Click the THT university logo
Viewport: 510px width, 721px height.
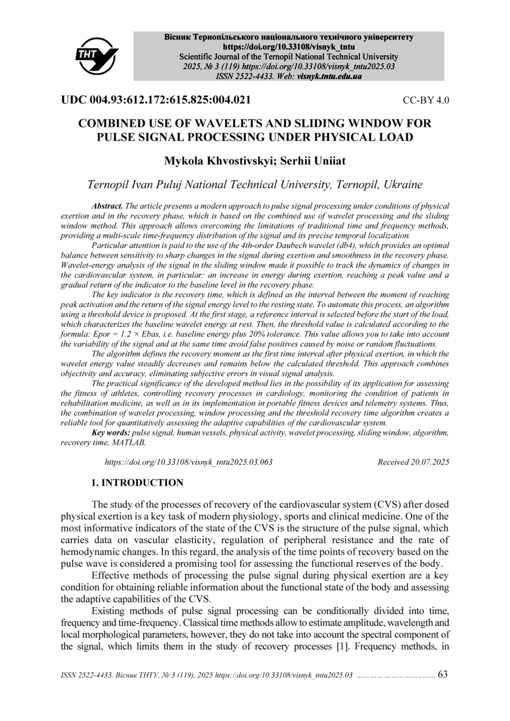(x=97, y=55)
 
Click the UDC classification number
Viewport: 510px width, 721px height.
(x=156, y=100)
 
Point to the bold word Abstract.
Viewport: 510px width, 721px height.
(x=107, y=206)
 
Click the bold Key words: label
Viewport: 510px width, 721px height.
(x=111, y=433)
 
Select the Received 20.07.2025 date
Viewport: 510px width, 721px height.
(x=413, y=462)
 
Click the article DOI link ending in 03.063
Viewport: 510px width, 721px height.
(x=188, y=462)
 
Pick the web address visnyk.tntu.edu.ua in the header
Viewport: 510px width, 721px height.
(x=329, y=76)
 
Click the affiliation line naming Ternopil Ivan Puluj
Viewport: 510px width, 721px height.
(x=255, y=185)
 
